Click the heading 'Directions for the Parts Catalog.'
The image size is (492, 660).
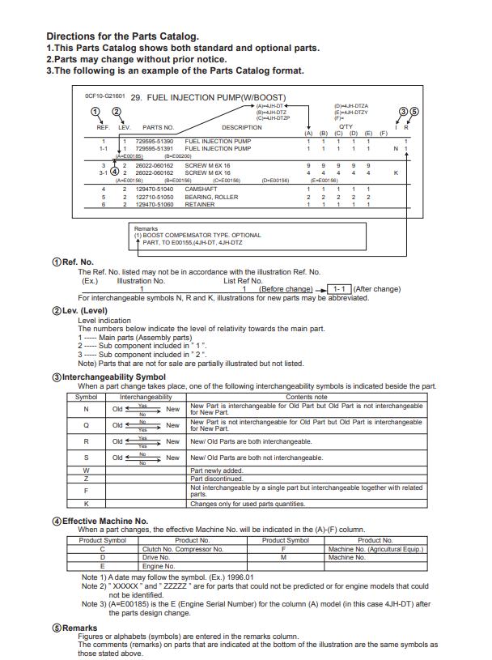click(x=122, y=36)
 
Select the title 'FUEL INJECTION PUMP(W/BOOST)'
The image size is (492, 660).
click(x=197, y=98)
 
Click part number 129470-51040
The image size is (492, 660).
click(x=154, y=189)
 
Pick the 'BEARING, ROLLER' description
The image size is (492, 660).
click(x=211, y=197)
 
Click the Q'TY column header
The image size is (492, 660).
click(x=346, y=127)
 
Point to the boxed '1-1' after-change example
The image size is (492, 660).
click(x=340, y=289)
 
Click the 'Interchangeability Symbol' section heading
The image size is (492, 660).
click(x=114, y=377)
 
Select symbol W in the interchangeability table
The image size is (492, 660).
click(x=86, y=470)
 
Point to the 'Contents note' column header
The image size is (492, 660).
click(x=306, y=397)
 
